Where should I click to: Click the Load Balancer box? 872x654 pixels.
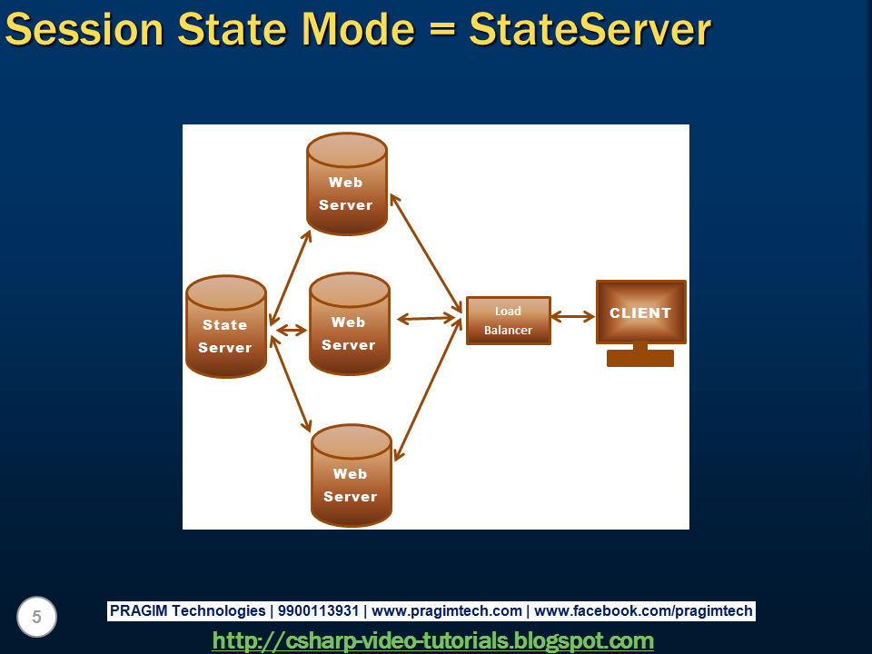point(508,321)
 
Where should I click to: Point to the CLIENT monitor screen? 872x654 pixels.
point(640,312)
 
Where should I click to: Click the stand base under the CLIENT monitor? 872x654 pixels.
point(640,358)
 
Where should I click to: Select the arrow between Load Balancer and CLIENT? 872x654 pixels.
point(573,317)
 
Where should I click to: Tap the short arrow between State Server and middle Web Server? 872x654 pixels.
point(292,330)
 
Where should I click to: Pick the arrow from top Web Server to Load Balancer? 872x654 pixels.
point(425,254)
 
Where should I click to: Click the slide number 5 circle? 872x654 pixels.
point(36,618)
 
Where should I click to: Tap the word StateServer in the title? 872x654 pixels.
point(590,29)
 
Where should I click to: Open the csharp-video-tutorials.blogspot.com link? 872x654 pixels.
point(432,640)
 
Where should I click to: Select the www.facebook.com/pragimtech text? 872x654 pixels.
point(643,611)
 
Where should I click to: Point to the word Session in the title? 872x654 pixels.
point(84,29)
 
